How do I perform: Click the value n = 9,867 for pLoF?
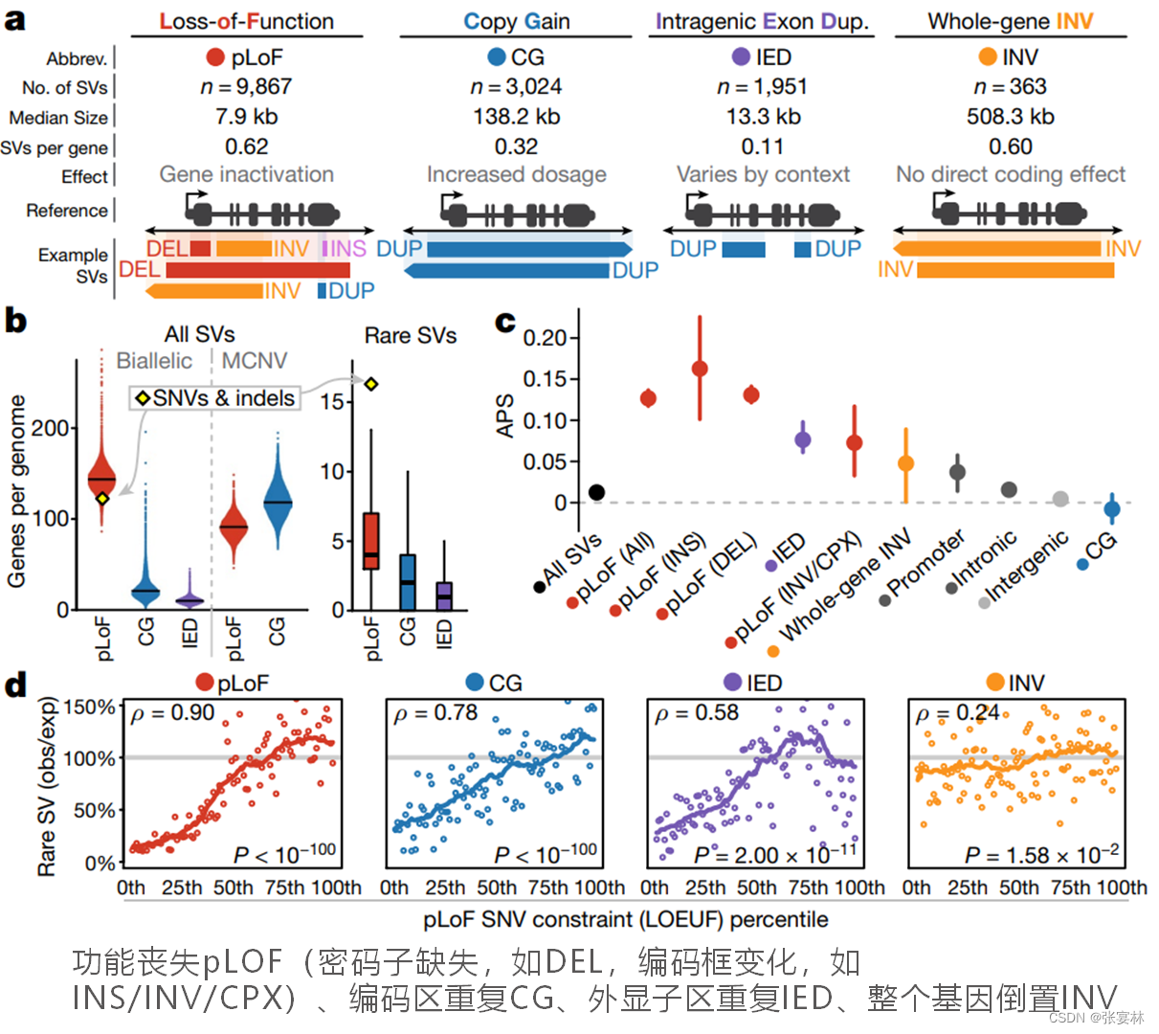pos(246,87)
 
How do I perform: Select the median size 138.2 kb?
pos(516,117)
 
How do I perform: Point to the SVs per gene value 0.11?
pos(762,146)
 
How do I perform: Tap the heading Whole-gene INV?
pos(1010,21)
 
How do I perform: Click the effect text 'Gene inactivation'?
pos(246,174)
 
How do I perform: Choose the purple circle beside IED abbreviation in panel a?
pos(740,57)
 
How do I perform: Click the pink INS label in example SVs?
pos(345,249)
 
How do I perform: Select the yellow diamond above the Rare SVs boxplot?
pos(371,384)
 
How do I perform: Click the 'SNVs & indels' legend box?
pos(215,398)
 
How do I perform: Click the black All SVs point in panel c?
pos(596,492)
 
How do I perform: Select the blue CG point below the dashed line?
pos(1111,509)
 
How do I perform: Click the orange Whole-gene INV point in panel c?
pos(905,463)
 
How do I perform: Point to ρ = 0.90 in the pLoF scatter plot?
pos(172,713)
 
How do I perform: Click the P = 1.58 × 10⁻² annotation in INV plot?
pos(1041,855)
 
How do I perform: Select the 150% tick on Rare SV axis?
pos(89,708)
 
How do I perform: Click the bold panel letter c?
pos(504,322)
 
